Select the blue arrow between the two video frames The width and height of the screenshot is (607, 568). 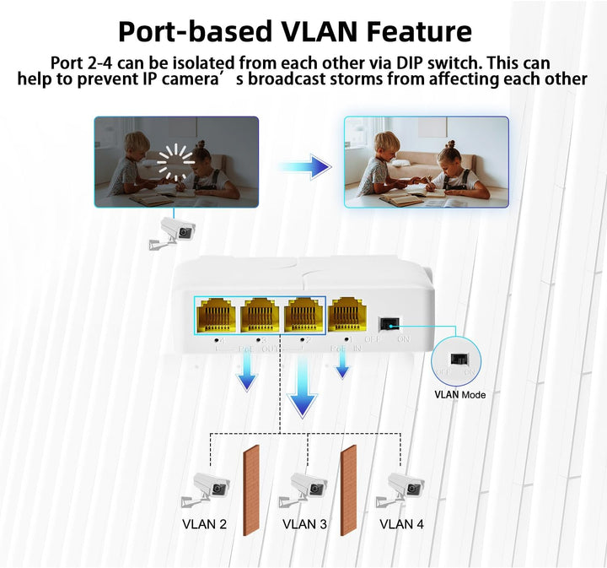(x=304, y=165)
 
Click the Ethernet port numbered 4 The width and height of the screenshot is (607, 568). (x=215, y=316)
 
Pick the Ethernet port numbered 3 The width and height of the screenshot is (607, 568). (x=260, y=316)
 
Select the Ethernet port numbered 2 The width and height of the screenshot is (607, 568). (x=303, y=316)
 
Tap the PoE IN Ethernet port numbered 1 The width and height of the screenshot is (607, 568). (x=347, y=316)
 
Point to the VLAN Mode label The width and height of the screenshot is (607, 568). (x=459, y=394)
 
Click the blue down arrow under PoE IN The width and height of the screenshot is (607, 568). (x=341, y=368)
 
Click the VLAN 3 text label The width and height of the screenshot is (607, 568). (x=304, y=524)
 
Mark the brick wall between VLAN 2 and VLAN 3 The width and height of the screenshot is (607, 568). (x=250, y=490)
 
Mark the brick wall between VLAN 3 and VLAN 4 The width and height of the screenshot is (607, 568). (x=348, y=490)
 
